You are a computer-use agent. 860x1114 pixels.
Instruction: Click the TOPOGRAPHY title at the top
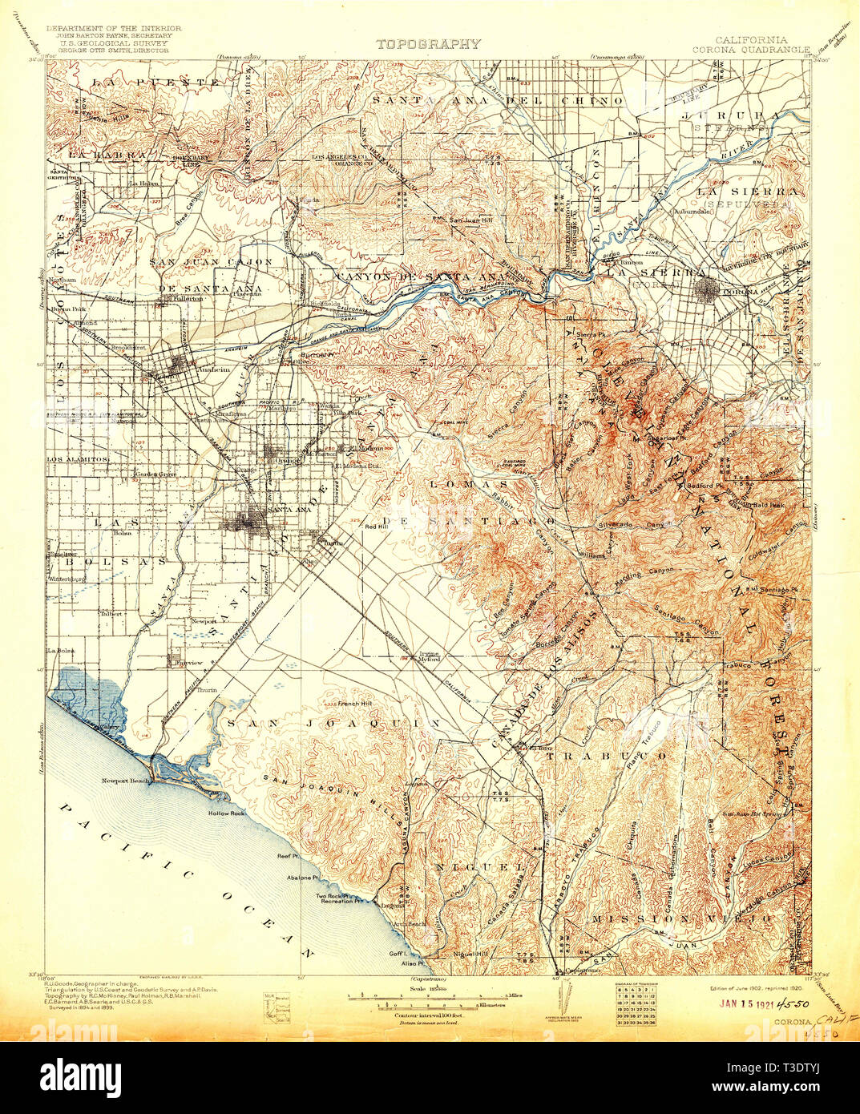[x=429, y=45]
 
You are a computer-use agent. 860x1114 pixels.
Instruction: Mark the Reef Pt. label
[x=291, y=856]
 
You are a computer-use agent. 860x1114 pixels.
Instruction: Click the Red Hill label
[x=376, y=527]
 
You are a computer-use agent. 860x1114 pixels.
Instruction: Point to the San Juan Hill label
[x=467, y=220]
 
